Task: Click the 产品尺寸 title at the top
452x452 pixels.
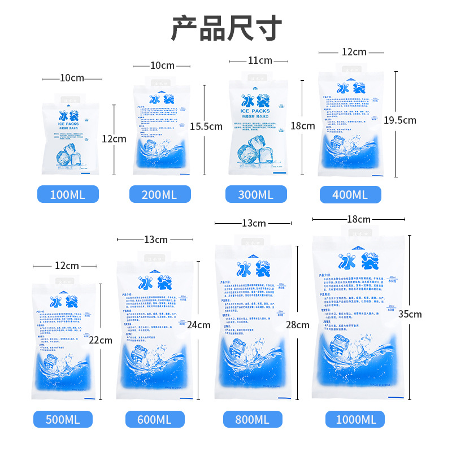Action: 226,28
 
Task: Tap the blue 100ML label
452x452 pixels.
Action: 68,195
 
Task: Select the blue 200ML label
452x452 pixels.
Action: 160,194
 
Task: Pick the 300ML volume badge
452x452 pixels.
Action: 256,194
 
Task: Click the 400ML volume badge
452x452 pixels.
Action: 350,195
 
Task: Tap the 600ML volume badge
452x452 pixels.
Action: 155,419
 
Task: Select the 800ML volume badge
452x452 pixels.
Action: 253,419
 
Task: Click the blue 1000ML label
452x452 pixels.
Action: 355,419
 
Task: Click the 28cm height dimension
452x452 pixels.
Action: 298,325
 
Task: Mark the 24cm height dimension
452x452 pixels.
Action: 199,325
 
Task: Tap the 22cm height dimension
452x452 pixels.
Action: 101,340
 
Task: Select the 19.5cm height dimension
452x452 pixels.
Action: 399,120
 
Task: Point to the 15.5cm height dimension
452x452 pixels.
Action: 206,126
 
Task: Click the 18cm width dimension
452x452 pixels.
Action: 359,219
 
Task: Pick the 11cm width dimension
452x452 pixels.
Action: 260,60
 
